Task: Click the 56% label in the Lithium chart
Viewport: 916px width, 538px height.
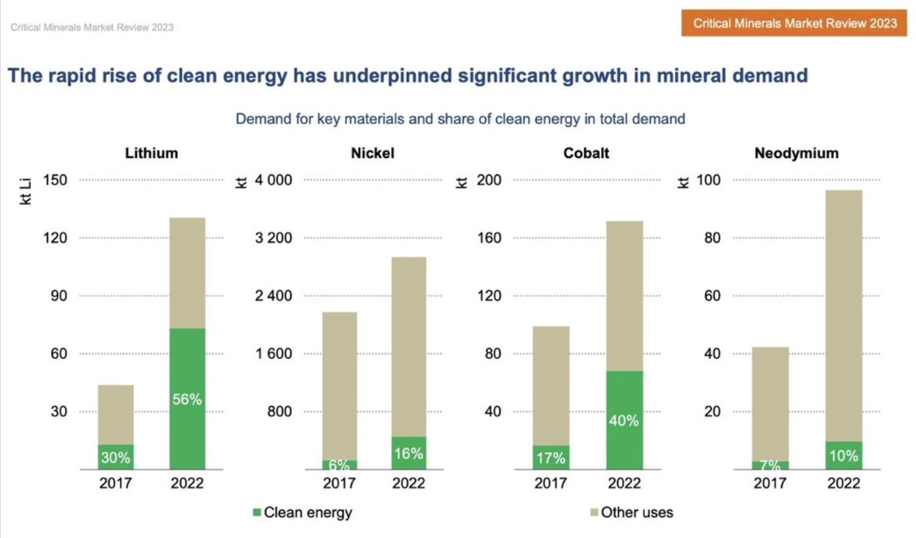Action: [x=187, y=399]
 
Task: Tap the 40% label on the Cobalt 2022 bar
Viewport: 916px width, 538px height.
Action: [x=623, y=421]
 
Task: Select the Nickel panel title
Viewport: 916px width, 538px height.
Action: [x=373, y=154]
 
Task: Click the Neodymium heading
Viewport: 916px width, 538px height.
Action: [x=797, y=154]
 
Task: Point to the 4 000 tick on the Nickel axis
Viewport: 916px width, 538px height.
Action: [x=271, y=180]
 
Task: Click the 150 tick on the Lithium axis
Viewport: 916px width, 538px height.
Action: [x=55, y=180]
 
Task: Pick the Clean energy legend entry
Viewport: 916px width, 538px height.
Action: [x=302, y=512]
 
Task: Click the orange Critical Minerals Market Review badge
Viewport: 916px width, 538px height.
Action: [x=795, y=24]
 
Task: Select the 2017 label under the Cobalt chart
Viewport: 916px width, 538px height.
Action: [x=551, y=484]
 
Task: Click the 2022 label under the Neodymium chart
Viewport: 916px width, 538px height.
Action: [x=843, y=484]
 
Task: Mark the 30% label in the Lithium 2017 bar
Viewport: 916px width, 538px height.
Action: [x=115, y=458]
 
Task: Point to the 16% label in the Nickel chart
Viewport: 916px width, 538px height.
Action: [x=408, y=453]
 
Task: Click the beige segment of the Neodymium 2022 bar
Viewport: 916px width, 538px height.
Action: [x=844, y=315]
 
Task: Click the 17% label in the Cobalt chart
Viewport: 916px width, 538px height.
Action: [x=551, y=458]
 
